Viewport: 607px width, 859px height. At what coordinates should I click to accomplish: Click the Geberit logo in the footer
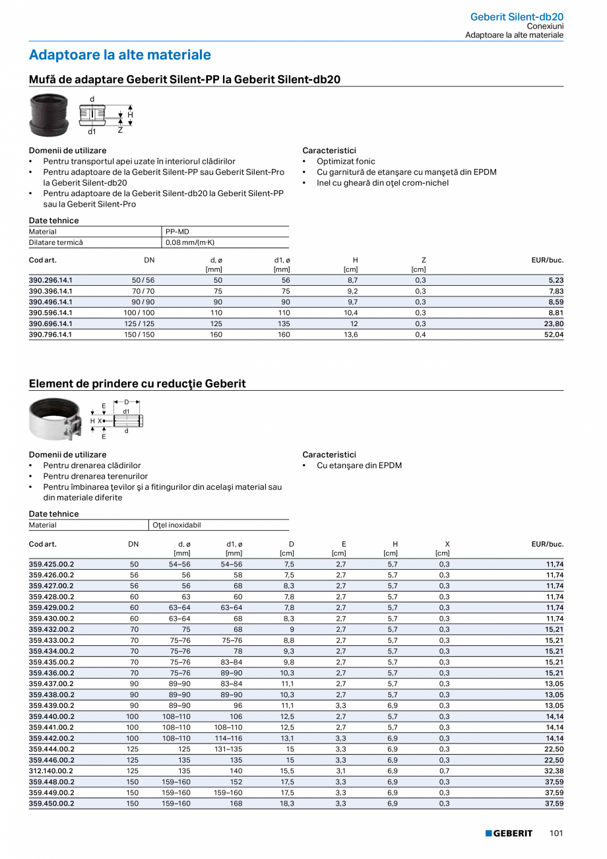509,833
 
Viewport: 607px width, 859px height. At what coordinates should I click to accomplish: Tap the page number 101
556,833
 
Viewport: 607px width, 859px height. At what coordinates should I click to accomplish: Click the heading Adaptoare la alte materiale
120,55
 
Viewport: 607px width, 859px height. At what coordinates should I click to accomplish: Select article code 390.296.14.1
51,280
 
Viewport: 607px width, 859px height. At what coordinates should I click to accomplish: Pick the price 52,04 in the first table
554,335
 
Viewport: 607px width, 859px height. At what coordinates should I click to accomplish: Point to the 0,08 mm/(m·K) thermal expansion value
191,242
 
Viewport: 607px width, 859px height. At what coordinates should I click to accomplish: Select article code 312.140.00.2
51,771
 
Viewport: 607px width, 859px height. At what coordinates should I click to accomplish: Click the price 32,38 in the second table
554,771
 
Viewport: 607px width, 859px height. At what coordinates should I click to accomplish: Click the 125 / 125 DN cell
143,324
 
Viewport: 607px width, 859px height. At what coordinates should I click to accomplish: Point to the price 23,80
554,324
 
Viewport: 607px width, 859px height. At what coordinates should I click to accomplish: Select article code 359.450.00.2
51,804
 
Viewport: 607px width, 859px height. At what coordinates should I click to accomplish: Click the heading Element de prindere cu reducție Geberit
137,384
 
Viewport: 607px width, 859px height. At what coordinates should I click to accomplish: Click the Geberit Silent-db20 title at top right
517,17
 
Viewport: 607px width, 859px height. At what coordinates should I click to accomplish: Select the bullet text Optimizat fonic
346,161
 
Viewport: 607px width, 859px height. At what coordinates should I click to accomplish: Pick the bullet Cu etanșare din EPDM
359,465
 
